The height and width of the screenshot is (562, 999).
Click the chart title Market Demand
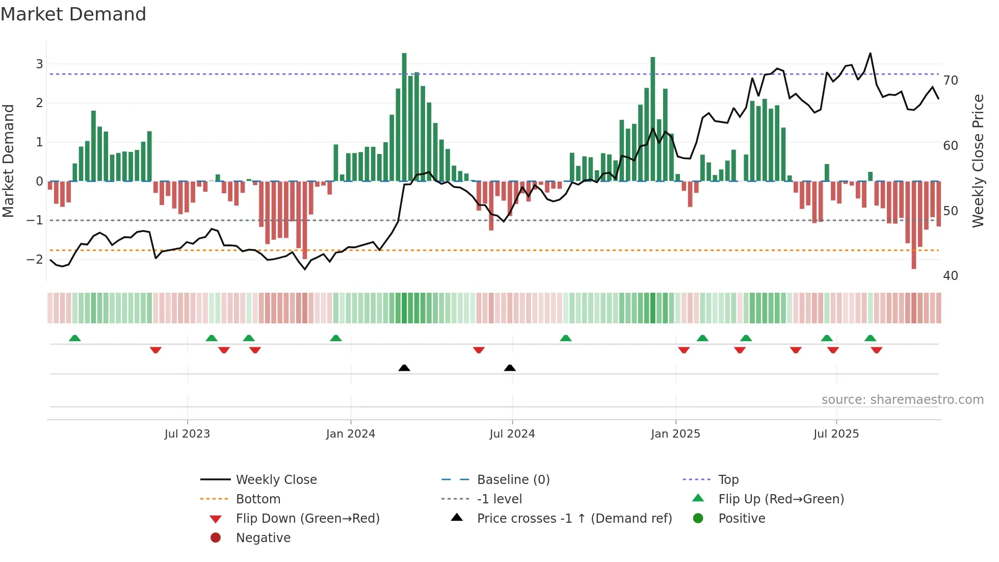[x=73, y=14]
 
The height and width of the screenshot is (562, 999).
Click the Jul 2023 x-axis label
[x=187, y=434]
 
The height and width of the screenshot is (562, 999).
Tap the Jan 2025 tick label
[x=675, y=434]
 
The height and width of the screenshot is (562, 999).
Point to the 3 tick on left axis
[x=39, y=64]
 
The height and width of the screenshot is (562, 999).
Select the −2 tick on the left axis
[x=35, y=259]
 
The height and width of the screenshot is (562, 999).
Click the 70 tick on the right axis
[x=951, y=81]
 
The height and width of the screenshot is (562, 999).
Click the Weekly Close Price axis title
[x=978, y=161]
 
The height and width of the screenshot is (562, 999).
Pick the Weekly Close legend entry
[x=276, y=480]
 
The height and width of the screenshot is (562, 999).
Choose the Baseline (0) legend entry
[x=513, y=480]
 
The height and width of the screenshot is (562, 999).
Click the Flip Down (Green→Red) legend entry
[x=307, y=519]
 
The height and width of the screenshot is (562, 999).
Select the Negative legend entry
[x=263, y=538]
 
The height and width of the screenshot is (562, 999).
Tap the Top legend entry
[x=728, y=480]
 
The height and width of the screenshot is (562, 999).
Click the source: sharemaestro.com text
[x=902, y=400]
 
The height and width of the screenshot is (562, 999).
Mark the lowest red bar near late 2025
[x=914, y=224]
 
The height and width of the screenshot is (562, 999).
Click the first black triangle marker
[x=404, y=368]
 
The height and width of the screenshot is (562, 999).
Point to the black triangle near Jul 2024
[x=510, y=368]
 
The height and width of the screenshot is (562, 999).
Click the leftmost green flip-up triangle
[x=75, y=338]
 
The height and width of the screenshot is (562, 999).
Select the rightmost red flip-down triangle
[x=877, y=350]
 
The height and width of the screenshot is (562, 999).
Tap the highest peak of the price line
[x=870, y=54]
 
